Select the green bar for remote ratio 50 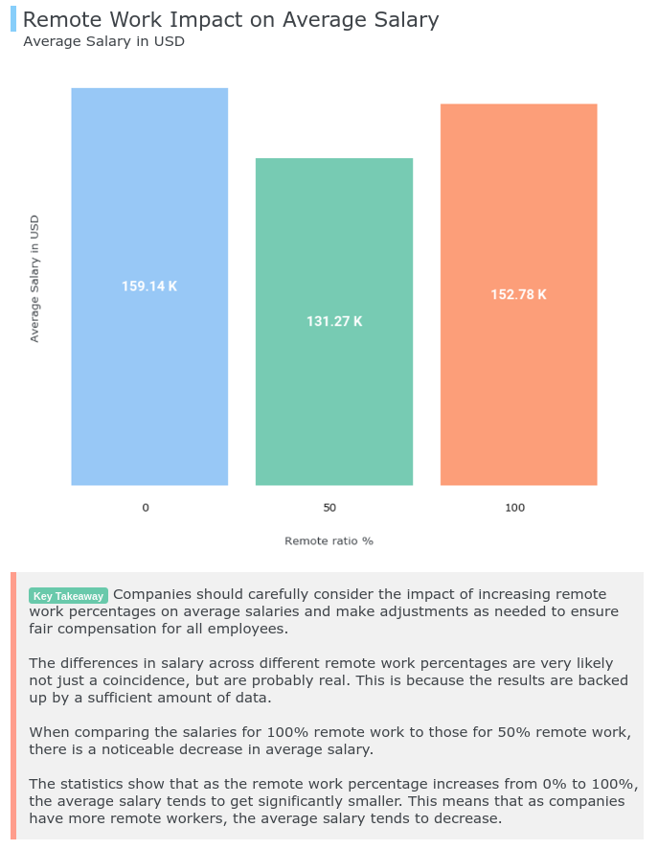click(x=333, y=402)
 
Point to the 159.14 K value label click(x=149, y=287)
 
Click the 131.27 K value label click(x=334, y=322)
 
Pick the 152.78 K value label click(x=518, y=295)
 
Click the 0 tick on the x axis click(x=146, y=508)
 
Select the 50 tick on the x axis click(x=329, y=508)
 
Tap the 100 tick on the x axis click(x=514, y=508)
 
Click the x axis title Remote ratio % click(x=329, y=541)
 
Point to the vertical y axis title click(x=34, y=278)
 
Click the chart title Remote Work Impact click(x=230, y=19)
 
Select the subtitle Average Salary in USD click(x=103, y=41)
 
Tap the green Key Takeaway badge click(x=68, y=596)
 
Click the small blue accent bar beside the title click(x=13, y=18)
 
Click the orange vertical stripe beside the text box click(x=13, y=705)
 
